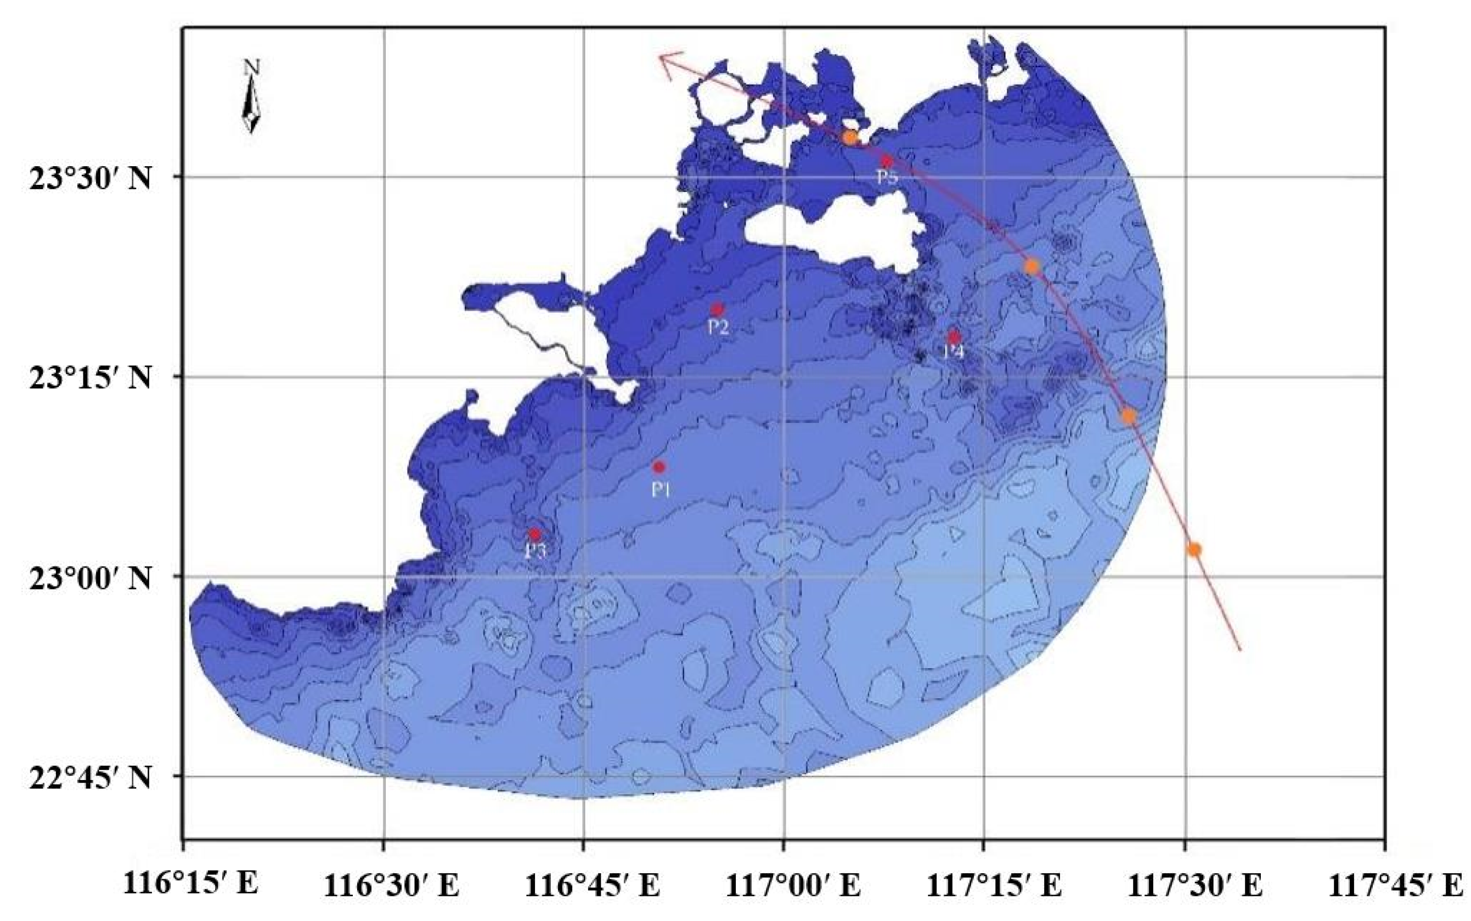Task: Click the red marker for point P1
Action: tap(658, 467)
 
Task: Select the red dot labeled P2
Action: tap(717, 309)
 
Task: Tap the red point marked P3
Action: tap(534, 534)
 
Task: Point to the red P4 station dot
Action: tap(954, 337)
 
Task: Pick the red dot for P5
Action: tap(887, 161)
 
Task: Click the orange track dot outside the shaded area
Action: tap(1194, 550)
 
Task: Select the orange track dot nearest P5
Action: tap(850, 138)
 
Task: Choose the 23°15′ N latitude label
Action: tap(89, 378)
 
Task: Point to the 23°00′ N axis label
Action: tap(89, 578)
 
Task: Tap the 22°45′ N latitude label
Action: tap(89, 778)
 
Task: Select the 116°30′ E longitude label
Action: tap(391, 886)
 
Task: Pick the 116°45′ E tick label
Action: tap(591, 886)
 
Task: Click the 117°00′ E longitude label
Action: tap(792, 886)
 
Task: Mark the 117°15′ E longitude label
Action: tap(994, 886)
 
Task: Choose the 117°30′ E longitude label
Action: tap(1194, 886)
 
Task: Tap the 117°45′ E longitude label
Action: tap(1395, 886)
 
